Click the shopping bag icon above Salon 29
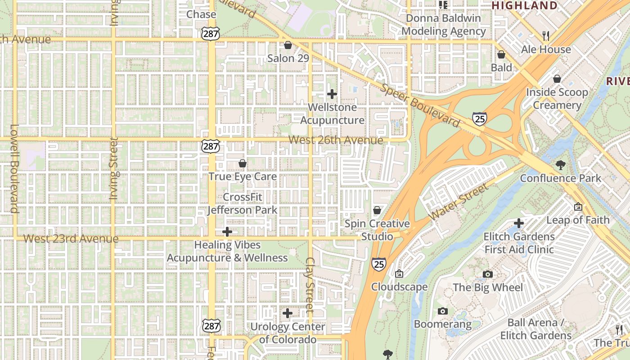(288, 45)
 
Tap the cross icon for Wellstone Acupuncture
(332, 94)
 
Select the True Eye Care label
(242, 176)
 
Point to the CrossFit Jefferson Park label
(242, 204)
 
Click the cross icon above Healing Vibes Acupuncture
(227, 232)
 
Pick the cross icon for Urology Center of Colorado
(288, 313)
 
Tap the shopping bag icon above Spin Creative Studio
(377, 210)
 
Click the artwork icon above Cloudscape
(399, 274)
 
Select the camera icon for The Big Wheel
(487, 274)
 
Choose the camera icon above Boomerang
(442, 311)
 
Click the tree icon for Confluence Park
(560, 165)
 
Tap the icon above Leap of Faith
(578, 207)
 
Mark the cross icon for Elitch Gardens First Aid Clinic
(519, 223)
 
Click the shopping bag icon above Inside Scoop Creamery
(557, 79)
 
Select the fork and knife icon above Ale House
(546, 36)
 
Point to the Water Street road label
(459, 202)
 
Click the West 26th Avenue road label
(336, 140)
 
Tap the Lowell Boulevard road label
(14, 168)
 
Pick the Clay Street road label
(310, 285)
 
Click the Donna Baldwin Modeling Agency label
(444, 25)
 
